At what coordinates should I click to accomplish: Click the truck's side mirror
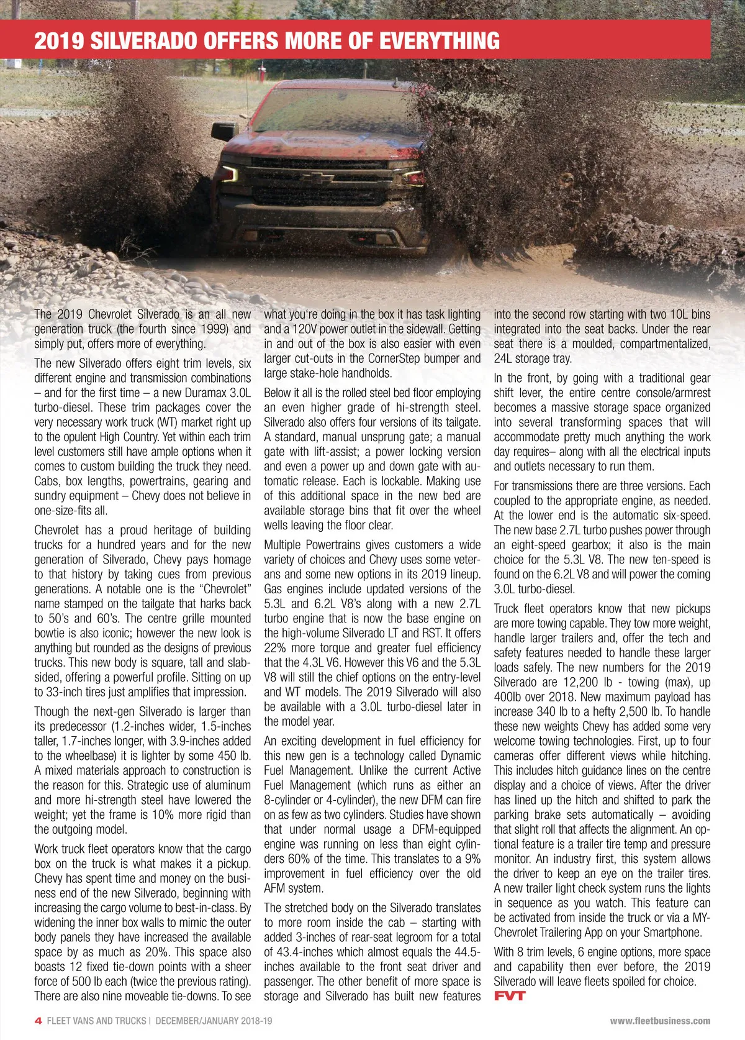(x=224, y=131)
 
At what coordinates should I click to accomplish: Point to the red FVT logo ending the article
(x=510, y=996)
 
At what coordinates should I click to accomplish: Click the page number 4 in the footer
(x=38, y=1021)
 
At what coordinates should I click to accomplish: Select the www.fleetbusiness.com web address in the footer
(x=660, y=1021)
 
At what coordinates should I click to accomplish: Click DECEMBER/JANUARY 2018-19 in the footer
(x=214, y=1021)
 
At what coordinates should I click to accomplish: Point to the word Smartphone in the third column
(x=671, y=932)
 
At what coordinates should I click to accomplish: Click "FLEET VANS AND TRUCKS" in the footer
(x=96, y=1021)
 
